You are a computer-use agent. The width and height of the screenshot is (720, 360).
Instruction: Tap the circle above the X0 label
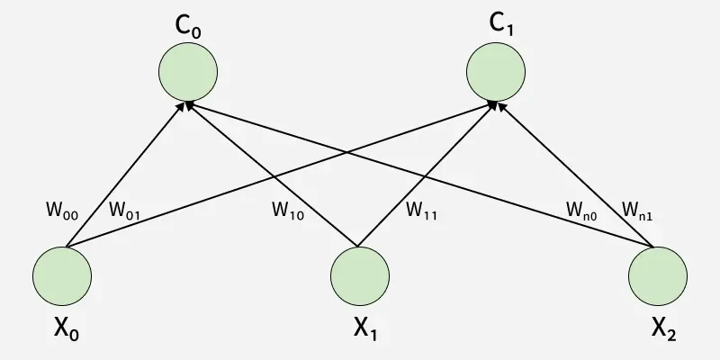(62, 275)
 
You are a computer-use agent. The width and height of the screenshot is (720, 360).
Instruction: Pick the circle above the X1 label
(360, 275)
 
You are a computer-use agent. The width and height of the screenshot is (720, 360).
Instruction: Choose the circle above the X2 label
(657, 275)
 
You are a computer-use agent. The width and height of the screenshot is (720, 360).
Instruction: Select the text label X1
(365, 332)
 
